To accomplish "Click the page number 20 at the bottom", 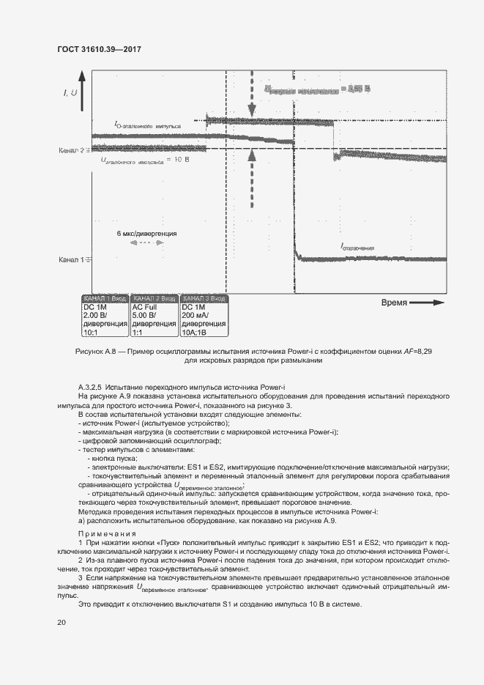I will (x=62, y=622).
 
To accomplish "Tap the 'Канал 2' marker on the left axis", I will (x=71, y=150).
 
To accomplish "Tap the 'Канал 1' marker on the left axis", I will (x=71, y=259).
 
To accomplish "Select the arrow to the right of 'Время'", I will (x=428, y=303).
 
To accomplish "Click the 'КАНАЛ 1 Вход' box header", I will (x=105, y=299).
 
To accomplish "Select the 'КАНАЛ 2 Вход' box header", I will (x=153, y=299).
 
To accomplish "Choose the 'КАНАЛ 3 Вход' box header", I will (x=203, y=299).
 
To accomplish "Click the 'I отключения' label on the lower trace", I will (x=357, y=248).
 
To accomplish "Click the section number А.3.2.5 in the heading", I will (x=89, y=386).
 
